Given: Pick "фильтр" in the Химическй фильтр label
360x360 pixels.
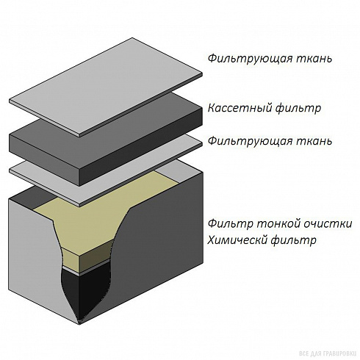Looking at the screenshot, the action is coord(294,241).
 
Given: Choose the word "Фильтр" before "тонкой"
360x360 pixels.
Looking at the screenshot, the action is coord(230,224).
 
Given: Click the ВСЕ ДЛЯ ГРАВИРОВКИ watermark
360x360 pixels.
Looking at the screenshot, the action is coord(328,353).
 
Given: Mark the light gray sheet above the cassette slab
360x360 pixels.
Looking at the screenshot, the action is coord(106,87).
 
